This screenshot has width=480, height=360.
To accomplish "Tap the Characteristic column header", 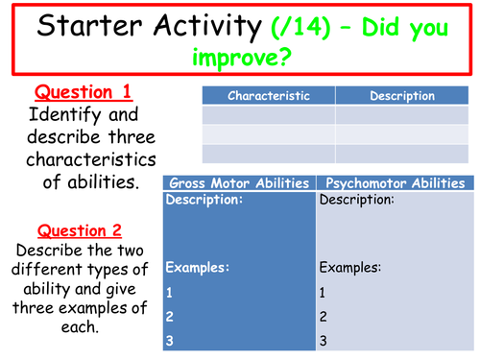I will click(268, 96).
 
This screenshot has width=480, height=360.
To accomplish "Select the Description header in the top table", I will click(402, 96).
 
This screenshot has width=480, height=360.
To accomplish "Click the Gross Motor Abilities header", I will click(238, 183).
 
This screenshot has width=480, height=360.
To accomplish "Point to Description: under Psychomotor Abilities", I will click(355, 201).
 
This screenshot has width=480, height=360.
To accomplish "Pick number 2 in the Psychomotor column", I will click(323, 315).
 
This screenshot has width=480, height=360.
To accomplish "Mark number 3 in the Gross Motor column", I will click(169, 339).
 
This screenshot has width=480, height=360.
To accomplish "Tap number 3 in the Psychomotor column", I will click(323, 339).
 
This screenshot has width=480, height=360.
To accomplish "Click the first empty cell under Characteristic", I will click(268, 115).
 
